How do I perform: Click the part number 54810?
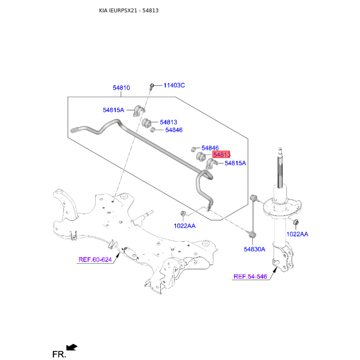coord(121,88)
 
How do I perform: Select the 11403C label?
coord(174,85)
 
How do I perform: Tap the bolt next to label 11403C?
coord(152,86)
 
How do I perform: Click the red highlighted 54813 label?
coord(221,154)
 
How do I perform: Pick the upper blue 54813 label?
coord(168,122)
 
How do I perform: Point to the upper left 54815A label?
coord(113,110)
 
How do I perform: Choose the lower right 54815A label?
coord(235,163)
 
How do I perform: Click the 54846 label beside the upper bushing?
coord(174,130)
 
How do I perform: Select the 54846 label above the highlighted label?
coord(210,148)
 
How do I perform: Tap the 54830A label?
coord(254,249)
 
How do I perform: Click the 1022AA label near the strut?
coord(297,234)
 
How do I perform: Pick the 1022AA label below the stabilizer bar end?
coord(184,226)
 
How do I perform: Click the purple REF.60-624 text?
coord(95,260)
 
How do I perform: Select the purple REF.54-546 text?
coord(250,276)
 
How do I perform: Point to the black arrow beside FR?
coord(72,347)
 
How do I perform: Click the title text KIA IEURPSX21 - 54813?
coord(129,10)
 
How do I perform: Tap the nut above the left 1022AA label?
coord(183,214)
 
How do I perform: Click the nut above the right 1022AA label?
coord(296,222)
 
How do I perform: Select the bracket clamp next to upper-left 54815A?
coord(139,111)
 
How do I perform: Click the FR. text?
coord(59,354)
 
